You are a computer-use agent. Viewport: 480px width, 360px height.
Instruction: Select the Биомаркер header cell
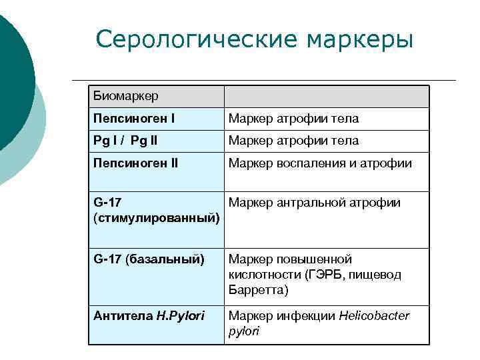point(126,97)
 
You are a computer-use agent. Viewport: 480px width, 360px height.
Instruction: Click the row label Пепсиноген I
point(134,119)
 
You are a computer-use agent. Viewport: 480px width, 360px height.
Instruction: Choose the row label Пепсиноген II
point(136,163)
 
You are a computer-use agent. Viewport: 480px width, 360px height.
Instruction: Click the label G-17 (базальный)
point(149,259)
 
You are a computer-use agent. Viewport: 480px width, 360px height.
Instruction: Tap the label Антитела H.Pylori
point(149,315)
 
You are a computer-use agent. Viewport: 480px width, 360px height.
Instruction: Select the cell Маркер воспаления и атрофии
point(320,163)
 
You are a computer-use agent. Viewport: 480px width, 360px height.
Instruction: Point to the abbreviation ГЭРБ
point(323,275)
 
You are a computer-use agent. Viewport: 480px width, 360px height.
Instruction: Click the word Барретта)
point(259,291)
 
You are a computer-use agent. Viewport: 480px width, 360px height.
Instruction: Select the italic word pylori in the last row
point(243,331)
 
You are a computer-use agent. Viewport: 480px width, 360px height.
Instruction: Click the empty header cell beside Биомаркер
point(327,97)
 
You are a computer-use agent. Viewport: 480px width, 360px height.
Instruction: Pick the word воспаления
point(313,163)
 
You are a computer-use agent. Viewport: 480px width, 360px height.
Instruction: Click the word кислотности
point(261,275)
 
